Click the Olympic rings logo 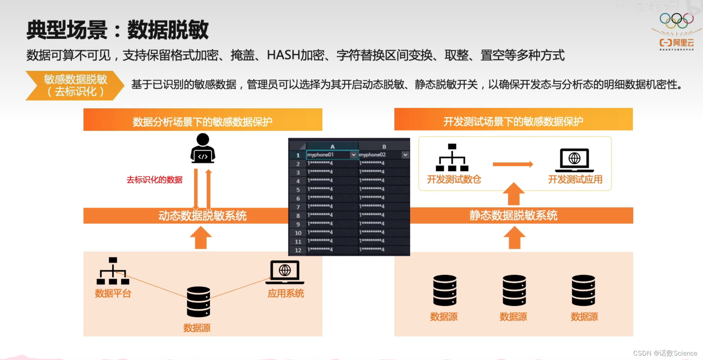pyautogui.click(x=676, y=21)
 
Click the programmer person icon pyautogui.click(x=203, y=149)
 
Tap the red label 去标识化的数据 pyautogui.click(x=154, y=180)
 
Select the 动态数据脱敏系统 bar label pyautogui.click(x=203, y=216)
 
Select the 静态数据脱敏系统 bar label pyautogui.click(x=513, y=215)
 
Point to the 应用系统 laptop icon pyautogui.click(x=285, y=272)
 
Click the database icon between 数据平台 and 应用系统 pyautogui.click(x=198, y=302)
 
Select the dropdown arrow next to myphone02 pyautogui.click(x=405, y=155)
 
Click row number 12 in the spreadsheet pyautogui.click(x=298, y=250)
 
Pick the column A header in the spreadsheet pyautogui.click(x=332, y=146)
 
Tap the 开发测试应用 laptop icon pyautogui.click(x=574, y=160)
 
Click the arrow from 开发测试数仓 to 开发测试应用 pyautogui.click(x=513, y=164)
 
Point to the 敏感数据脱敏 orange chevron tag pyautogui.click(x=75, y=85)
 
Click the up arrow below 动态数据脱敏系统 pyautogui.click(x=201, y=237)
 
